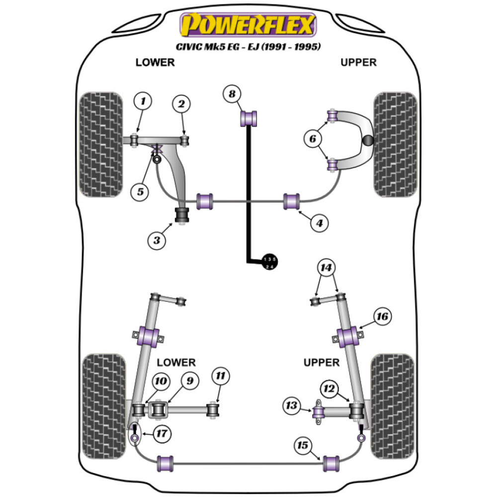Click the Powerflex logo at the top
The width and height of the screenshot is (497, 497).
(x=248, y=25)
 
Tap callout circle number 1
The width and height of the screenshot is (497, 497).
(x=143, y=103)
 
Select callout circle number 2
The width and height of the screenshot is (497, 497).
(x=181, y=104)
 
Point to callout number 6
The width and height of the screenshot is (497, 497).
(x=313, y=140)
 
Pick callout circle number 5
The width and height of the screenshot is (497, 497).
(x=141, y=192)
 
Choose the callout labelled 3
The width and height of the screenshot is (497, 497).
(x=157, y=241)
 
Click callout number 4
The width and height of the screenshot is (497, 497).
(x=319, y=224)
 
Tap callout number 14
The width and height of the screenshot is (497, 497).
(x=327, y=269)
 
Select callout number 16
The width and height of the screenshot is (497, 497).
(x=383, y=316)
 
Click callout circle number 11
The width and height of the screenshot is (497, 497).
(x=221, y=377)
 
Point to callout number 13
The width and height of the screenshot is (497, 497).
(x=291, y=406)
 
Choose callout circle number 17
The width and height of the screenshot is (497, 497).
(x=161, y=434)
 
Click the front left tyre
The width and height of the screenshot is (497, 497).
(x=101, y=144)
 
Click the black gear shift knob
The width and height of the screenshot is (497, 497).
(x=270, y=262)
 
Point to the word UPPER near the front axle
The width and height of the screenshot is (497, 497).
(x=358, y=63)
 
